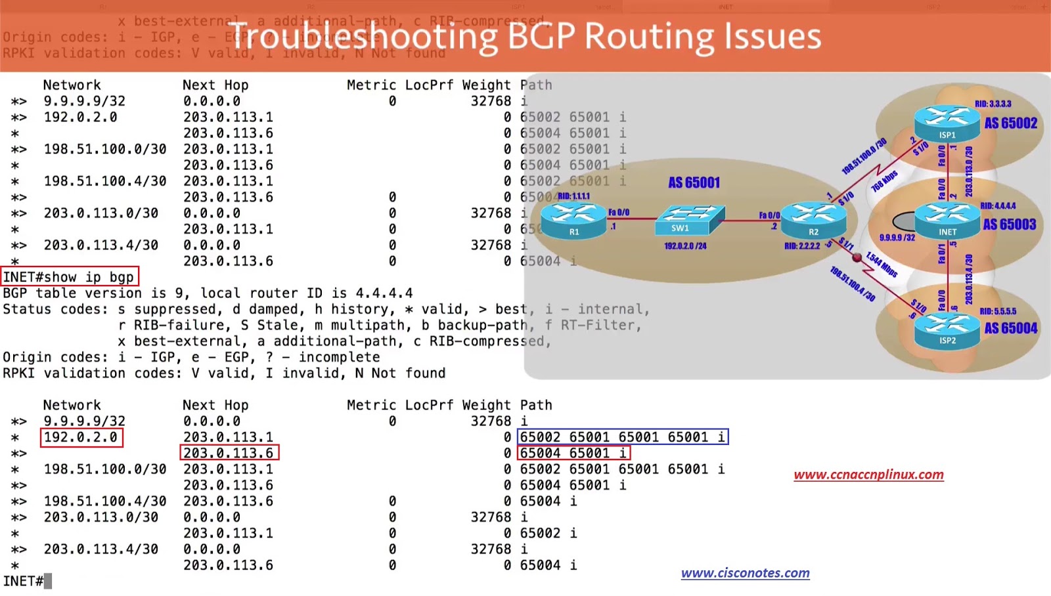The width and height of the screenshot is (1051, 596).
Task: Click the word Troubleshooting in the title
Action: tap(363, 36)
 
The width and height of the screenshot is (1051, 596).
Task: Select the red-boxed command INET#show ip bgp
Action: tap(69, 277)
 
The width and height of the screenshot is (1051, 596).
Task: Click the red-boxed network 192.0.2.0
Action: tap(81, 437)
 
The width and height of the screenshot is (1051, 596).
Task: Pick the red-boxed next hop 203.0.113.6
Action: tap(229, 453)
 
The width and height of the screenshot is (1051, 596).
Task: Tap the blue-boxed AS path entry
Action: tap(623, 437)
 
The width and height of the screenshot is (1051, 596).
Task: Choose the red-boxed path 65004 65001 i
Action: tap(573, 453)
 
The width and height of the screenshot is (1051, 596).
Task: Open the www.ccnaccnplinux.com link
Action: tap(868, 475)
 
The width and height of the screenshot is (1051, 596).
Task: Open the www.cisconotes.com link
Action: tap(745, 573)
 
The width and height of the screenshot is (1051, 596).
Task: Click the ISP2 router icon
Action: tap(947, 329)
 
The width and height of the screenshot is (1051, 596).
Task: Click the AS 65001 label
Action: tap(694, 182)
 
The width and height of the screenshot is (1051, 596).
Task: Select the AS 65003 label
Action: tap(1010, 224)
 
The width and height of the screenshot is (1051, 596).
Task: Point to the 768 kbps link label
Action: tap(884, 181)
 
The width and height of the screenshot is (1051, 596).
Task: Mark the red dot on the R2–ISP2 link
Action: tap(857, 257)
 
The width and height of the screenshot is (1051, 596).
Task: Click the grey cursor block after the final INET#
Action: tap(48, 582)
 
